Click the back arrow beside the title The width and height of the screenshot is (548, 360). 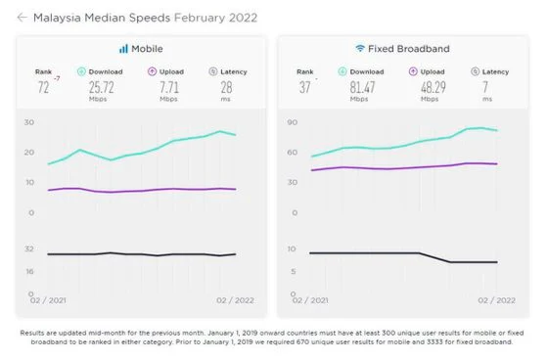coord(22,18)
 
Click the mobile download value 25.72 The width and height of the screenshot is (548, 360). coord(102,87)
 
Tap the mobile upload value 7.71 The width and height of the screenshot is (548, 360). coord(169,87)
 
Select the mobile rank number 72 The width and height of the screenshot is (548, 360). coord(43,87)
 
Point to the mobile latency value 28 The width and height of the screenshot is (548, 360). coord(226,87)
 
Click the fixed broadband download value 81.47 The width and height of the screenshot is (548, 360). coord(362,87)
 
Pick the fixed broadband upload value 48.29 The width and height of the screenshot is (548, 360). coord(434,87)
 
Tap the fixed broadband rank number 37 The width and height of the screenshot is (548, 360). coord(304,87)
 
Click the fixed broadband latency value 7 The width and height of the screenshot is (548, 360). coord(485,87)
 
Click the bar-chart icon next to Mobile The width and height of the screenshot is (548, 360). coord(123,49)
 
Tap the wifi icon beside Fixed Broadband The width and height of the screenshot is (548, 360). coord(360,48)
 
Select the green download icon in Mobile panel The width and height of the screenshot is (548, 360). coord(81,71)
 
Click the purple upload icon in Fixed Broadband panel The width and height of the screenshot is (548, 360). coord(413,71)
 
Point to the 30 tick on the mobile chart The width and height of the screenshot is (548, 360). coord(29,122)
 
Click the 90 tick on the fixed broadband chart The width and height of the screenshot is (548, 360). coord(293,122)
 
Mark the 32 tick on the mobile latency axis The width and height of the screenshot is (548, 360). coord(29,248)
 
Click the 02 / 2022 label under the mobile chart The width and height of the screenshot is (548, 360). coord(235,300)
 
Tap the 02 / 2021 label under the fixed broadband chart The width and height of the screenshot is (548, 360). coord(310,300)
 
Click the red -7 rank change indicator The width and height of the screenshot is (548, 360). coord(57,78)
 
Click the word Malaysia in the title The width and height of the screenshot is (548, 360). coord(57,18)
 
